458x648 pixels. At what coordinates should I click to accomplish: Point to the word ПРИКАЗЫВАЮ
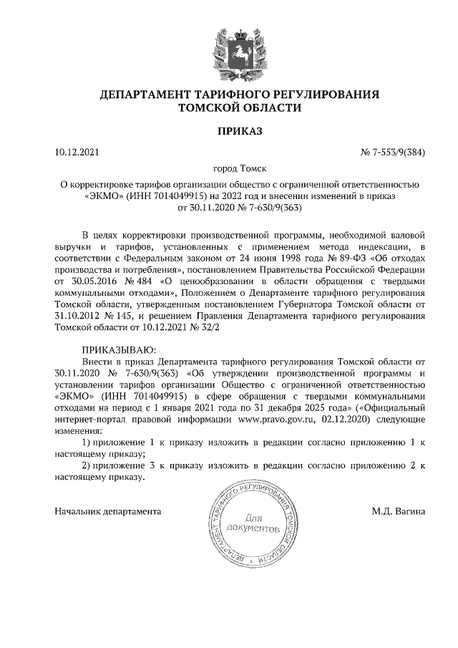point(115,349)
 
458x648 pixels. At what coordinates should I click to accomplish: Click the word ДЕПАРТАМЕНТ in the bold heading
point(145,95)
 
